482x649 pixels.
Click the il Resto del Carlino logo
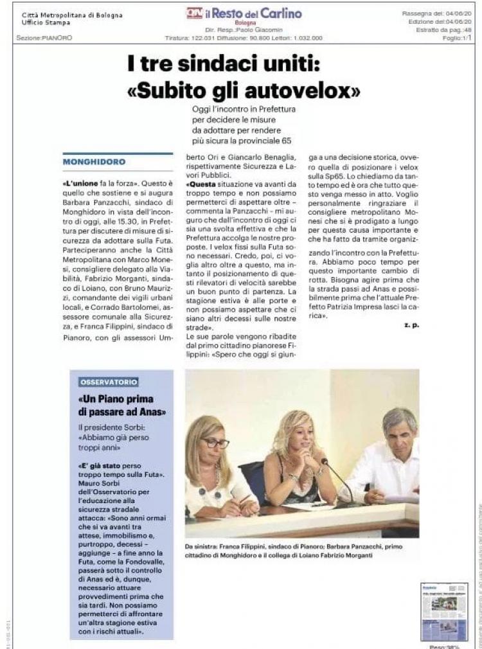click(x=244, y=13)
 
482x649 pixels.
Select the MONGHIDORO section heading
click(x=94, y=161)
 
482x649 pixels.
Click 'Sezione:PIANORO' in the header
click(x=44, y=38)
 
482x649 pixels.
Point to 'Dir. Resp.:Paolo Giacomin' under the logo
click(x=244, y=30)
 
